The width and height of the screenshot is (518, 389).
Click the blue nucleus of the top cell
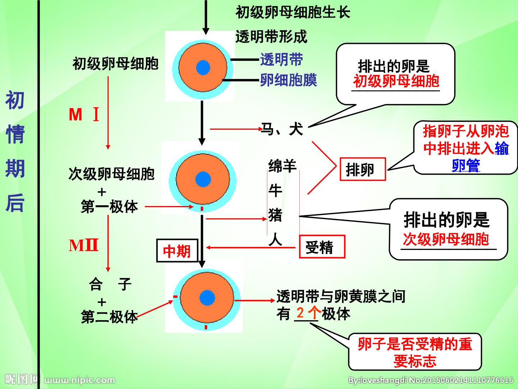click(x=203, y=68)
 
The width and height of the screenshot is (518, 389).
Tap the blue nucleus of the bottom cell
click(x=207, y=298)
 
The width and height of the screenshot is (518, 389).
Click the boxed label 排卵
click(x=363, y=169)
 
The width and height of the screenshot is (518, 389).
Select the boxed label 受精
click(x=322, y=247)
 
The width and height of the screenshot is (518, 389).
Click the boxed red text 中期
click(x=177, y=251)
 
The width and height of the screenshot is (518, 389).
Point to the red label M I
click(x=84, y=115)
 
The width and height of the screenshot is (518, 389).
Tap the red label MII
click(x=83, y=245)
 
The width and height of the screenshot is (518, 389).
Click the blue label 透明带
click(x=281, y=59)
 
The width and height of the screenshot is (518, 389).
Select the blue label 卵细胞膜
click(x=288, y=80)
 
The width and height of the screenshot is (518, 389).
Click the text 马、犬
click(x=282, y=129)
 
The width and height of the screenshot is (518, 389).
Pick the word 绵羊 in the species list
click(x=282, y=166)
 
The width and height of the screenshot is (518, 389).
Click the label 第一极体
click(x=109, y=206)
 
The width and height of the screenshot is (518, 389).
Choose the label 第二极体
click(x=109, y=317)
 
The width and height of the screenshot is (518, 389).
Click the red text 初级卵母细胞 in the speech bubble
click(x=396, y=81)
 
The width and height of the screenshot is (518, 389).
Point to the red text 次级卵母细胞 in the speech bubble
click(x=446, y=239)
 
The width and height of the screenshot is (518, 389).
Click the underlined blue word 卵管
click(x=466, y=166)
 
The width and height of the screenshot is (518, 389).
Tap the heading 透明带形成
click(x=271, y=37)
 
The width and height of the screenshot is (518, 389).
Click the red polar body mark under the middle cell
click(x=202, y=209)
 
